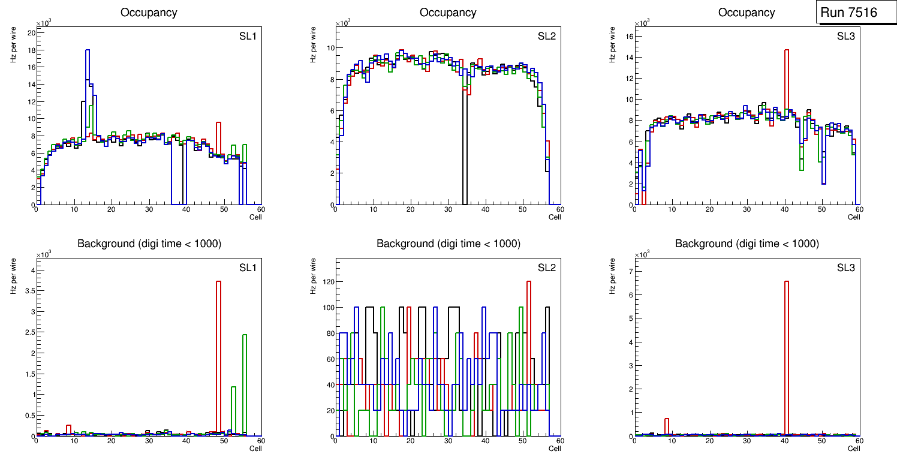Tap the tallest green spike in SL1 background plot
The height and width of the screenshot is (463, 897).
coord(245,384)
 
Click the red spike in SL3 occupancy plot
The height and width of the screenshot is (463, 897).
coord(787,120)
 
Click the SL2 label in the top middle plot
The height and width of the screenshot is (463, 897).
coord(546,37)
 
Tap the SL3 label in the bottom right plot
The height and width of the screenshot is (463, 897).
coord(846,267)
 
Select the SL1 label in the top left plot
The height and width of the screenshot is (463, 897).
coord(248,37)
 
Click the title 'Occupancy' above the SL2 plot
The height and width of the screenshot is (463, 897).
coord(448,13)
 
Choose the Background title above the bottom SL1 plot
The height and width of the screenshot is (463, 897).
coord(149,243)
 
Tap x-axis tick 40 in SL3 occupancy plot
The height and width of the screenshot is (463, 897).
coord(784,209)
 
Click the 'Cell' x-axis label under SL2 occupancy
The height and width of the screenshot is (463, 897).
coord(555,217)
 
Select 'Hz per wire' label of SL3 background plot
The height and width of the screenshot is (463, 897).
coord(613,275)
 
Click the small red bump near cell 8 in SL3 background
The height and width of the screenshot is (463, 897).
coord(667,426)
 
